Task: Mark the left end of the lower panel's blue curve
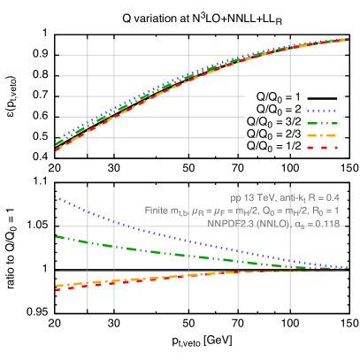(x=57, y=196)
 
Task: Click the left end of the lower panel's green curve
(x=57, y=236)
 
